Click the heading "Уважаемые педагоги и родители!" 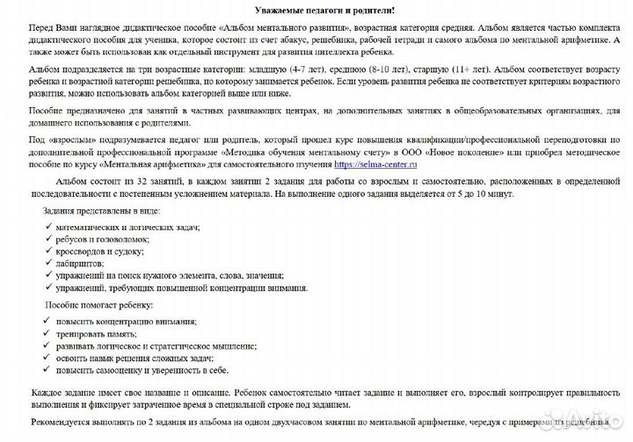pyautogui.click(x=316, y=10)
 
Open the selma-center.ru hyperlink pyautogui.click(x=377, y=163)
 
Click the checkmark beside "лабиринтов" pyautogui.click(x=48, y=263)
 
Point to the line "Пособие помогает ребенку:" pyautogui.click(x=98, y=305)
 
